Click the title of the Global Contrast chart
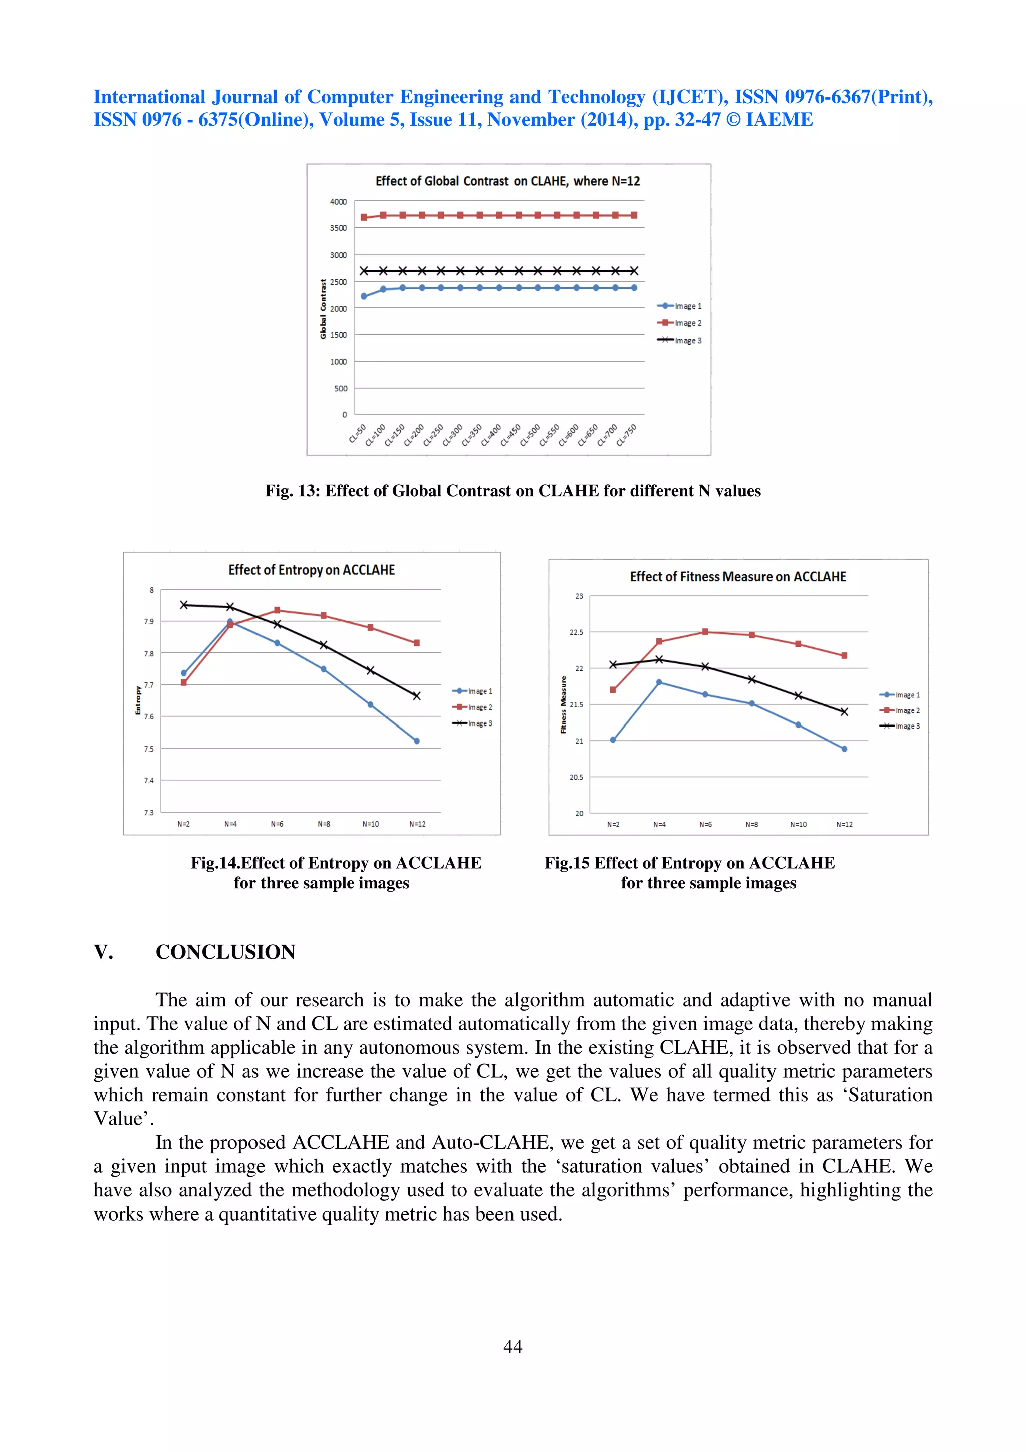tap(507, 181)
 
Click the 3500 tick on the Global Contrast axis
tap(338, 228)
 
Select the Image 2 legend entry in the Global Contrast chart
tap(680, 323)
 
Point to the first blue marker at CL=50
tap(364, 296)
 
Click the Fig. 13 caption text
tap(512, 491)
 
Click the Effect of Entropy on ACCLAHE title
tap(312, 570)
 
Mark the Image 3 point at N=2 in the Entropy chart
tap(184, 605)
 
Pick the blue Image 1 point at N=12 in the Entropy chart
tap(417, 741)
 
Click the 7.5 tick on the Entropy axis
tap(149, 749)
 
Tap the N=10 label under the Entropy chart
tap(370, 824)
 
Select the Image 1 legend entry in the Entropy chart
tap(472, 691)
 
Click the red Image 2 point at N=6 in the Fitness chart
tap(705, 632)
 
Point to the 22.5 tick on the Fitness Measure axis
tap(576, 632)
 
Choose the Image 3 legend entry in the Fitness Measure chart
tap(900, 726)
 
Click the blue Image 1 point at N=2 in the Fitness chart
tap(613, 740)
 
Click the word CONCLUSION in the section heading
tap(225, 952)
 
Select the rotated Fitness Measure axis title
tap(563, 704)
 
